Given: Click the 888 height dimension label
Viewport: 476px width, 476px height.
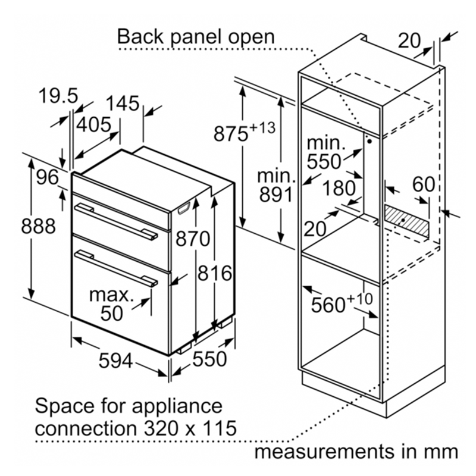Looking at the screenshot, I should click(38, 227).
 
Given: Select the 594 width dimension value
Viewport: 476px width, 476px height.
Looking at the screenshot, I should click(115, 361).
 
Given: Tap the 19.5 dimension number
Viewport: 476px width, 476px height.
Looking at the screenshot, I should click(58, 95).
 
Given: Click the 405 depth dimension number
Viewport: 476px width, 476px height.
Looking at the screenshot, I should click(93, 124).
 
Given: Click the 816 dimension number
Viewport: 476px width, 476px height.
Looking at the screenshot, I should click(214, 274).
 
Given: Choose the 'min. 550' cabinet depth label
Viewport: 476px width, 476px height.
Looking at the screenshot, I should click(324, 152).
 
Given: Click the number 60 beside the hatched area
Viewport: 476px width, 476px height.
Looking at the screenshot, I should click(424, 184).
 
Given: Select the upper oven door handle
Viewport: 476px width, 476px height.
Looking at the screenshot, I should click(117, 221).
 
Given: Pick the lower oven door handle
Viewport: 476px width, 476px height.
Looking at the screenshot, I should click(117, 267).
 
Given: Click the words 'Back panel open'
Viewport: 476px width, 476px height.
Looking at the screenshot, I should click(196, 36).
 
